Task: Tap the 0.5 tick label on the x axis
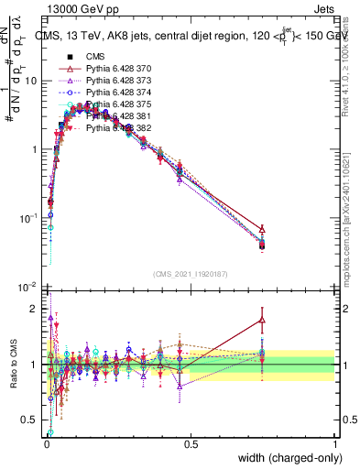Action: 191,444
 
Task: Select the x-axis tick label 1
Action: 335,444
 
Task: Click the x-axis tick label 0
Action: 47,444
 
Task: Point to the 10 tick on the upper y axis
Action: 33,81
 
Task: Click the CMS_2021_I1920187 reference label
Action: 191,273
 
